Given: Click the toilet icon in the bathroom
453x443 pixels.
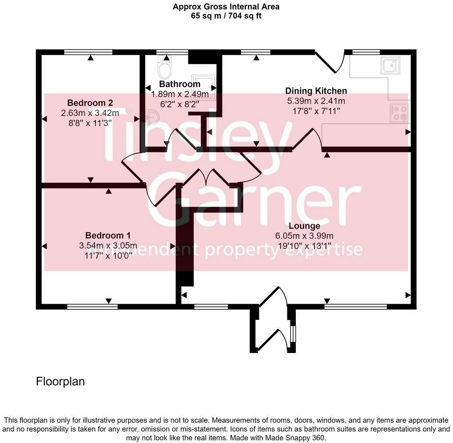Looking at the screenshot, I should (165, 69).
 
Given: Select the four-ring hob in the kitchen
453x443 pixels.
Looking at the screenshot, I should (399, 113).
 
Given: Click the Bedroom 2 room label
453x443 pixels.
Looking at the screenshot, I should (90, 103).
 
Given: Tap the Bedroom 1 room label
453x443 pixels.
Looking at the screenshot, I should (108, 235).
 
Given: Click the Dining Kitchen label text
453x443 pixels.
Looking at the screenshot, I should (316, 91).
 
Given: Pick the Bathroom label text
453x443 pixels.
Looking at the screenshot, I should (180, 84).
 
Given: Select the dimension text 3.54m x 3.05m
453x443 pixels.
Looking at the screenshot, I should (108, 245).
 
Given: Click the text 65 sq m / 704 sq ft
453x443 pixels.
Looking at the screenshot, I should (226, 16).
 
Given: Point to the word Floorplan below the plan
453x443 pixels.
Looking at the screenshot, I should (60, 381).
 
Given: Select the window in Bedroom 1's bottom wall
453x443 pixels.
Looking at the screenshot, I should (93, 306).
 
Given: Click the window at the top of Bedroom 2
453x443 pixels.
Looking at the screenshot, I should (88, 52).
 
